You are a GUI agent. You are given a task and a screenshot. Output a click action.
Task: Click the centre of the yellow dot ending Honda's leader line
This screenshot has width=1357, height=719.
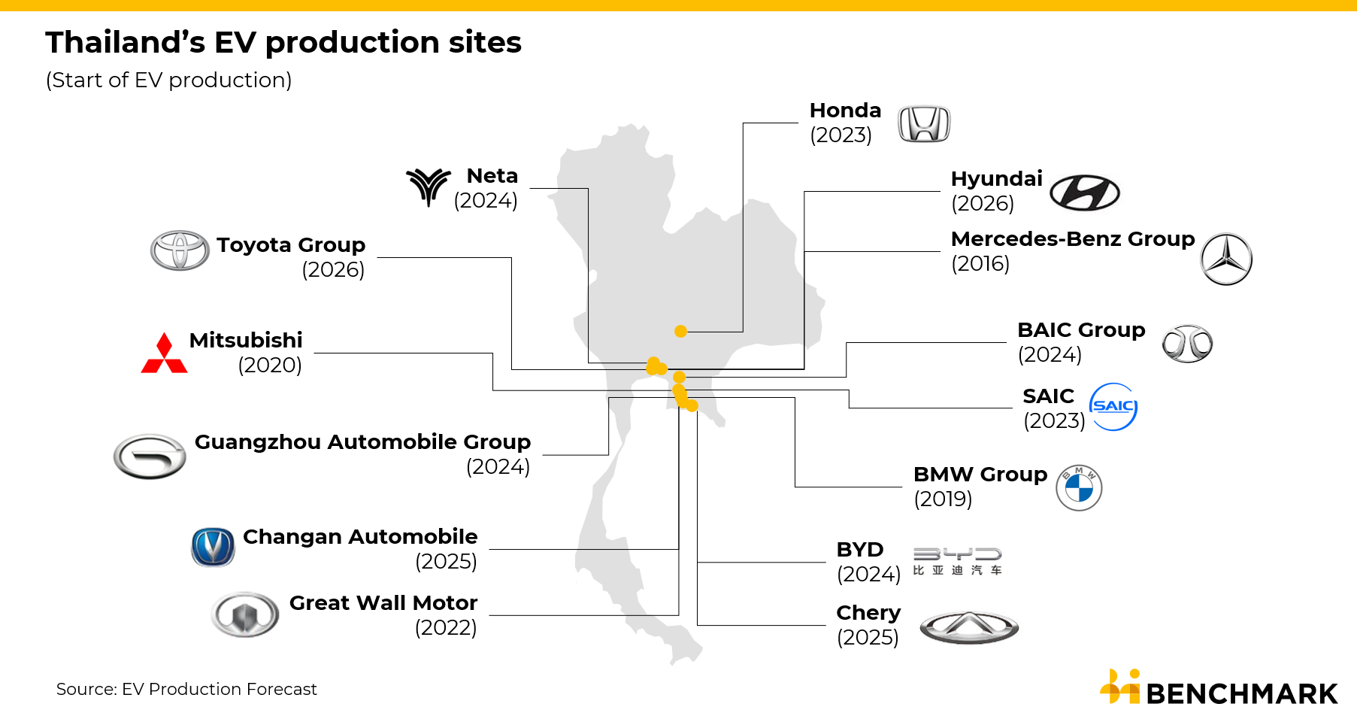pos(680,331)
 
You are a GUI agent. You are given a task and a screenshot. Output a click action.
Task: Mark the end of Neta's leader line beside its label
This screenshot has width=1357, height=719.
pos(530,188)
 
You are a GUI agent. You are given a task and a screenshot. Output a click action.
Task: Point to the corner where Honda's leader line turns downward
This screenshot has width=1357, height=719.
pos(743,123)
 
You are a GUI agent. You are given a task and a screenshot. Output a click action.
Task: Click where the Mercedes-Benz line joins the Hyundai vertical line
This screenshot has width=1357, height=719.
pos(804,251)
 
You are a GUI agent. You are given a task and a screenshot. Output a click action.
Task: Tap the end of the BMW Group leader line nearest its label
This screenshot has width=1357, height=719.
pos(901,487)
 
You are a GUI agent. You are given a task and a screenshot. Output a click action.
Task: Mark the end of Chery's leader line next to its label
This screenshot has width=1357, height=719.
pos(825,625)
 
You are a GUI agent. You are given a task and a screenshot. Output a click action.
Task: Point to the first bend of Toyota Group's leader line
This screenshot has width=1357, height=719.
pos(511,257)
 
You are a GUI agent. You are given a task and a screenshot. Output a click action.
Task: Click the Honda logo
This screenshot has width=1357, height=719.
pos(924,124)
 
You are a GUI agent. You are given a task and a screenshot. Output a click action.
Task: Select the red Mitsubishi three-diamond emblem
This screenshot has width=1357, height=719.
pos(164,353)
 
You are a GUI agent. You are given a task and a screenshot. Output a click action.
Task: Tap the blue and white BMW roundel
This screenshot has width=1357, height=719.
pos(1079,487)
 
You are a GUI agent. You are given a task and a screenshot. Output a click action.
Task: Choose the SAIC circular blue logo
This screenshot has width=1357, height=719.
pos(1113,407)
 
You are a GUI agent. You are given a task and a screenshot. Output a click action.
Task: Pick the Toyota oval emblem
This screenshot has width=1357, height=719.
pos(180,250)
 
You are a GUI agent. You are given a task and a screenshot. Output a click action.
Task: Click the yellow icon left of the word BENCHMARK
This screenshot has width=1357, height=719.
pos(1121,686)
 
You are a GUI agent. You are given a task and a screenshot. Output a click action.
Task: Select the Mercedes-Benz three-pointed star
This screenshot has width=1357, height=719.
pos(1226,259)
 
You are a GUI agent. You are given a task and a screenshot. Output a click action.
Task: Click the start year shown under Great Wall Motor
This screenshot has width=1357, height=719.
pos(446,627)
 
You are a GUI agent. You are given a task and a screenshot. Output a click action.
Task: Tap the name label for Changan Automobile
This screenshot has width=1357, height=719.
pos(360,536)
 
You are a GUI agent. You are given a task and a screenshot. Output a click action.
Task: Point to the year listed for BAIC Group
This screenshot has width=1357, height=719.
pos(1050,354)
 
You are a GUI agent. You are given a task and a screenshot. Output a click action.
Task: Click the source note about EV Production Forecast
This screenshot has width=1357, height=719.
pos(186,689)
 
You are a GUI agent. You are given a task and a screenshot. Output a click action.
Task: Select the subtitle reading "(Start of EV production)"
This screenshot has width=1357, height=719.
pos(168,80)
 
